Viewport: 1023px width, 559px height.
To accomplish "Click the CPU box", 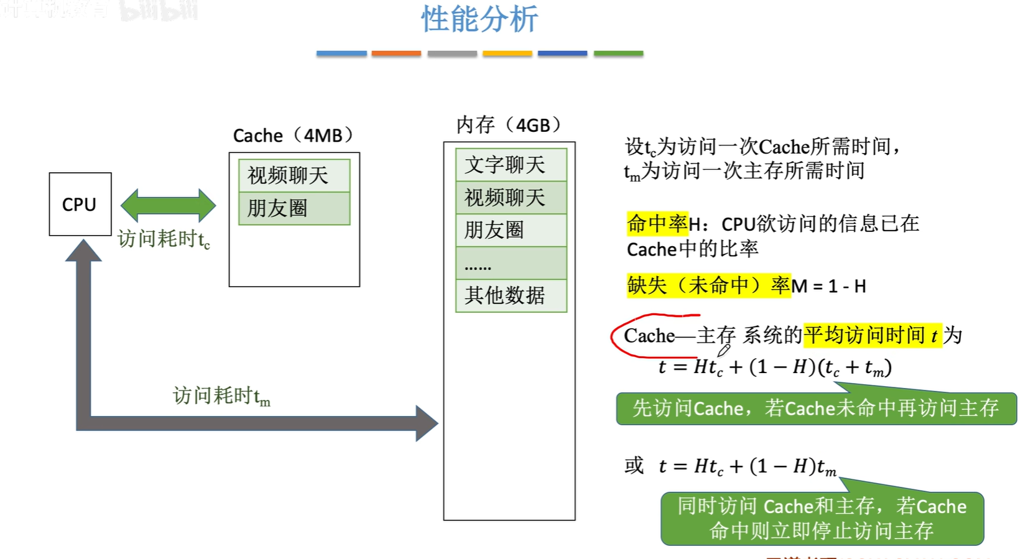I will (80, 204).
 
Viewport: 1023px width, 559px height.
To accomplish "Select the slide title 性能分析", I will (479, 19).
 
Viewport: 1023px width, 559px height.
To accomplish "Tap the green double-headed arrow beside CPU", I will (168, 205).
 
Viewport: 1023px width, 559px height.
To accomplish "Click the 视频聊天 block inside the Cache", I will (294, 175).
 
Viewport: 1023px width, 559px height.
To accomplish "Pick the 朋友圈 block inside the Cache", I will (294, 208).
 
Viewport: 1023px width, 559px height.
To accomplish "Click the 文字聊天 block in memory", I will (511, 165).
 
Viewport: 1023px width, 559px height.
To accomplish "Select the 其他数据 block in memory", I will (511, 295).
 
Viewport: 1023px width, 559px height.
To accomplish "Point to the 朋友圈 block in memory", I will (511, 230).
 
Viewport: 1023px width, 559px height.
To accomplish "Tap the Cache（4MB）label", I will (294, 136).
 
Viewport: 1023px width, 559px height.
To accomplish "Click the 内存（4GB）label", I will (509, 125).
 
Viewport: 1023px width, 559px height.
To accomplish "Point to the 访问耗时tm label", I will (221, 395).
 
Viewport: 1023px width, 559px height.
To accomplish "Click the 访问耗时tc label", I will (164, 239).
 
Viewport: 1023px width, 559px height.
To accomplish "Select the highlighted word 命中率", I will (657, 224).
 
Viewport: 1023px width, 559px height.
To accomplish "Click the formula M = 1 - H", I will (828, 286).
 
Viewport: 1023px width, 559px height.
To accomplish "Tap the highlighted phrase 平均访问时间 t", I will (871, 336).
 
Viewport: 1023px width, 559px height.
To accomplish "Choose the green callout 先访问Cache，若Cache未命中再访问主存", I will (816, 409).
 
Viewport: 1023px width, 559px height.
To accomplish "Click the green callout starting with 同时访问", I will (822, 519).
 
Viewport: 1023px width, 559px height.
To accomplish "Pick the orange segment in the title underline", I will (396, 54).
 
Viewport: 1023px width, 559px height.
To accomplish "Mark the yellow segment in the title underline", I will (507, 54).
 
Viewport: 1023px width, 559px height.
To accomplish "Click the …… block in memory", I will (511, 263).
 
